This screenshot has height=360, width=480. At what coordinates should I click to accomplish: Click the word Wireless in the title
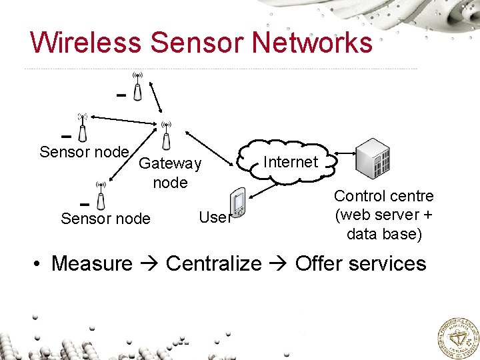85,42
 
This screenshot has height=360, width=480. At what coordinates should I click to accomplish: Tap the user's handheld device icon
237,203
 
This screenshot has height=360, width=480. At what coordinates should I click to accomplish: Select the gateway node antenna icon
166,135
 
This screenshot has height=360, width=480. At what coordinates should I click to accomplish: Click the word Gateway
170,163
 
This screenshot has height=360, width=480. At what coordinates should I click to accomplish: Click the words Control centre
383,196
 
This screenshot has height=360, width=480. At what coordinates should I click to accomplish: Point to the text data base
383,233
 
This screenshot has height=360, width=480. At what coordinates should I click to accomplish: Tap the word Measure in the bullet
92,263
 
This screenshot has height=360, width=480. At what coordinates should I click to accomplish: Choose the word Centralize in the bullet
213,263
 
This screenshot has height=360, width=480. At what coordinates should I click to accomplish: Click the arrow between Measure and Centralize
149,264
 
